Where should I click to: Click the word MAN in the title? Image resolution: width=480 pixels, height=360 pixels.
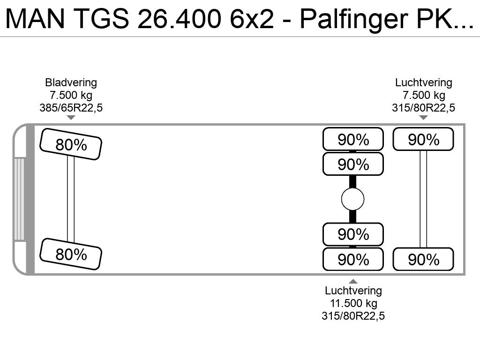[x=35, y=19]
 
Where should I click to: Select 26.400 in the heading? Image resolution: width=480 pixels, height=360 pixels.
[x=179, y=19]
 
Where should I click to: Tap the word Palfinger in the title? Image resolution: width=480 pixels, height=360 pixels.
[x=353, y=20]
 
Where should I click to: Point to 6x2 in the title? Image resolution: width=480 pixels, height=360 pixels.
[x=252, y=19]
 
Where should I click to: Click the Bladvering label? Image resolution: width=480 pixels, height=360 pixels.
[x=71, y=82]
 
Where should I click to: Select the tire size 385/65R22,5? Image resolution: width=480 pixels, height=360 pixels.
[x=71, y=108]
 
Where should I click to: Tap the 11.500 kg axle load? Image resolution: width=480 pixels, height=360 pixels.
[x=353, y=303]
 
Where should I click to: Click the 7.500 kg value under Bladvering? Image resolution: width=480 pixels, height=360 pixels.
[x=71, y=95]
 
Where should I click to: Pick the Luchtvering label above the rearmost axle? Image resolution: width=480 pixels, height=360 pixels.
[x=424, y=82]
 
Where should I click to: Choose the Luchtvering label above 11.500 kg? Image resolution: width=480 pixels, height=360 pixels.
[x=353, y=291]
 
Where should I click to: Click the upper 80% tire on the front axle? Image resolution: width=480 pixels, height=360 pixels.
[x=71, y=144]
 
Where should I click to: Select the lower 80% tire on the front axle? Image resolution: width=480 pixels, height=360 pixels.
[x=71, y=254]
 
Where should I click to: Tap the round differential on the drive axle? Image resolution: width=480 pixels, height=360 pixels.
[x=352, y=199]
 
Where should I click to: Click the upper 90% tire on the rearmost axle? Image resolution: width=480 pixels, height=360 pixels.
[x=423, y=139]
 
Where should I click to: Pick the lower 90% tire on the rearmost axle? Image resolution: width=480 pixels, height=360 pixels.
[x=423, y=259]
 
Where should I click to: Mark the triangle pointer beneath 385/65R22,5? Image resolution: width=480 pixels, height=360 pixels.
[x=71, y=118]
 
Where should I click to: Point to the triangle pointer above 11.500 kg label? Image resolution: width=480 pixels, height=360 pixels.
[x=353, y=281]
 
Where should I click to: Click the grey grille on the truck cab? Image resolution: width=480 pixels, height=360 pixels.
[x=19, y=199]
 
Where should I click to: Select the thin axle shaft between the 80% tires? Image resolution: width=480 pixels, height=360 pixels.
[x=71, y=199]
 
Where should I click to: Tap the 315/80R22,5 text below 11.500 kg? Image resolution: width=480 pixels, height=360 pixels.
[x=353, y=316]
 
